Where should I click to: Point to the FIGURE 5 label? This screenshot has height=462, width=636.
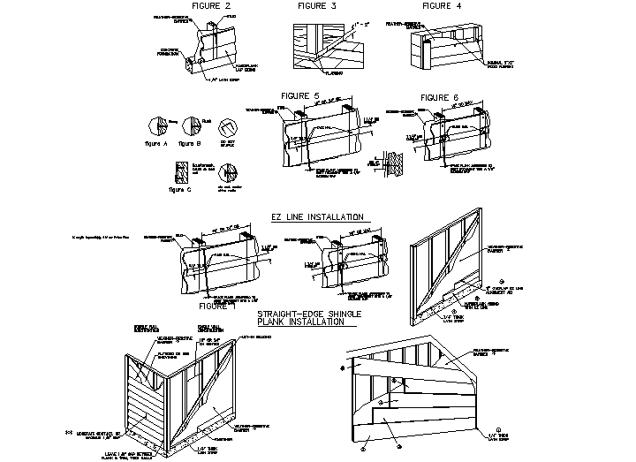(x=299, y=95)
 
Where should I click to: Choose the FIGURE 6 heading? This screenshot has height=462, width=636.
(x=439, y=96)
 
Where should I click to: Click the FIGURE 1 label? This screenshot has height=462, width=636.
(x=219, y=306)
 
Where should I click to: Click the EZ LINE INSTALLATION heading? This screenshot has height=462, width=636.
(x=317, y=216)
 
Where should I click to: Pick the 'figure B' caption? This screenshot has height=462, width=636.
(x=189, y=141)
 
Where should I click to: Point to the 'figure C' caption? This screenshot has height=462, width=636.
(x=178, y=188)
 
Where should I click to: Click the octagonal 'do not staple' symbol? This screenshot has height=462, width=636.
(x=227, y=125)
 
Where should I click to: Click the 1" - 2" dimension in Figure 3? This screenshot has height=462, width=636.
(x=361, y=24)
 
